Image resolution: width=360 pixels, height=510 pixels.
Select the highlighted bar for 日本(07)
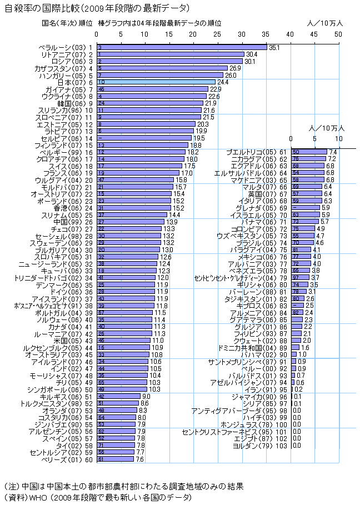coord(156,82)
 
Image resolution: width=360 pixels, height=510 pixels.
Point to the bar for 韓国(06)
coord(150,103)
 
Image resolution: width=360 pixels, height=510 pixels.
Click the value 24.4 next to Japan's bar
coord(223,82)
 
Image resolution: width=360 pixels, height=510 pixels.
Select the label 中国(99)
coord(72,222)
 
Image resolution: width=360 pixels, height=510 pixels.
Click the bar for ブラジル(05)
coord(302,243)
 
